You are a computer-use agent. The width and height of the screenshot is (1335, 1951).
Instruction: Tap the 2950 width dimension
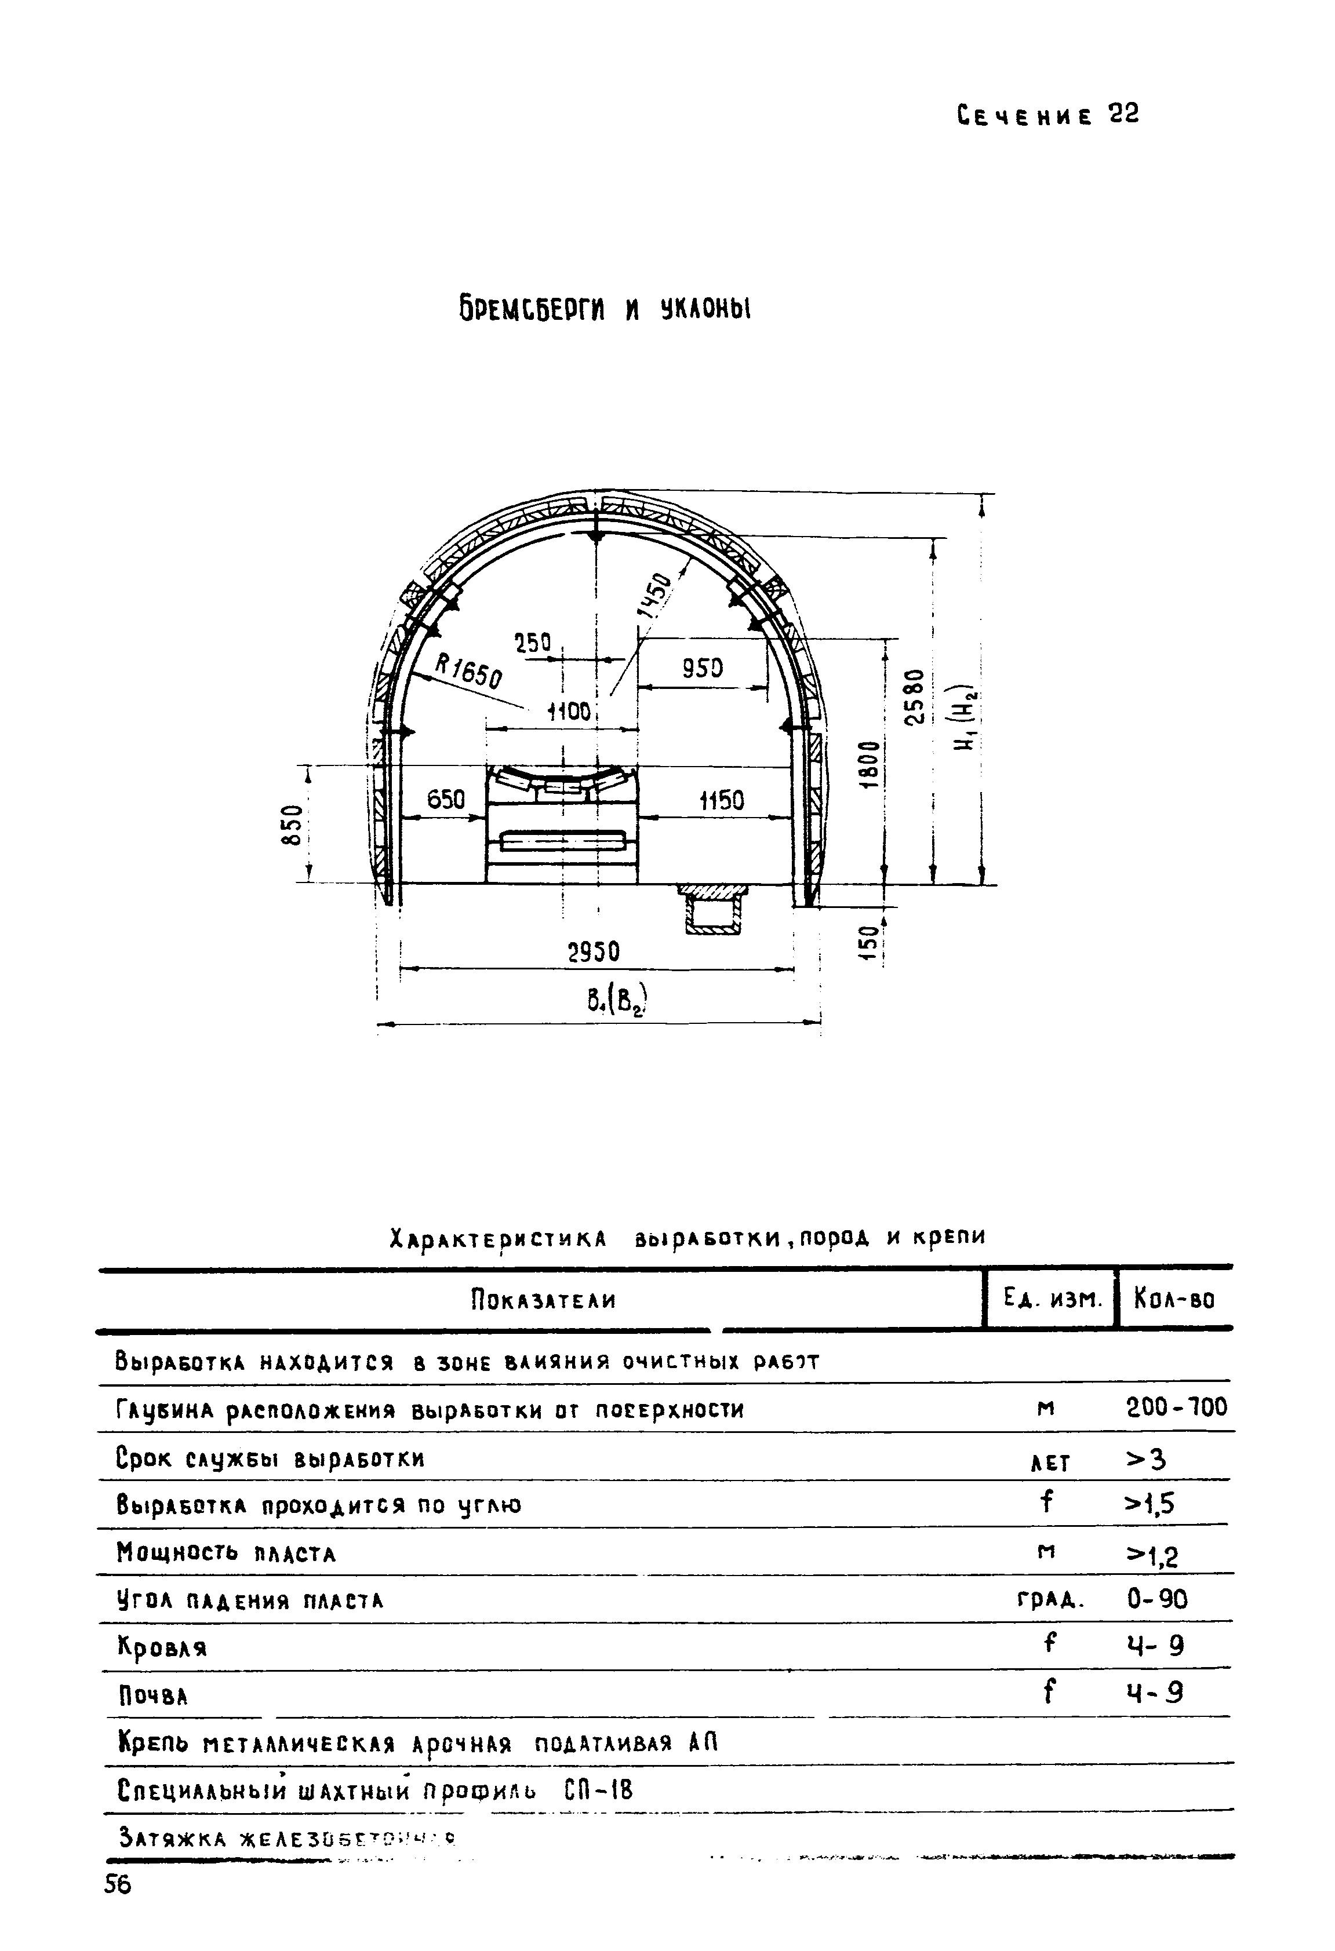click(x=594, y=952)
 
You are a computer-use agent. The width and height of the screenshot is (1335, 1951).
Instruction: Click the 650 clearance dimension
click(x=446, y=799)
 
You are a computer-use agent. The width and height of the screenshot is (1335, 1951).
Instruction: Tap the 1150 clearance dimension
click(x=721, y=801)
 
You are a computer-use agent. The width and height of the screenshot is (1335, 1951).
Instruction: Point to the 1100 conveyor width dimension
click(x=570, y=713)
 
